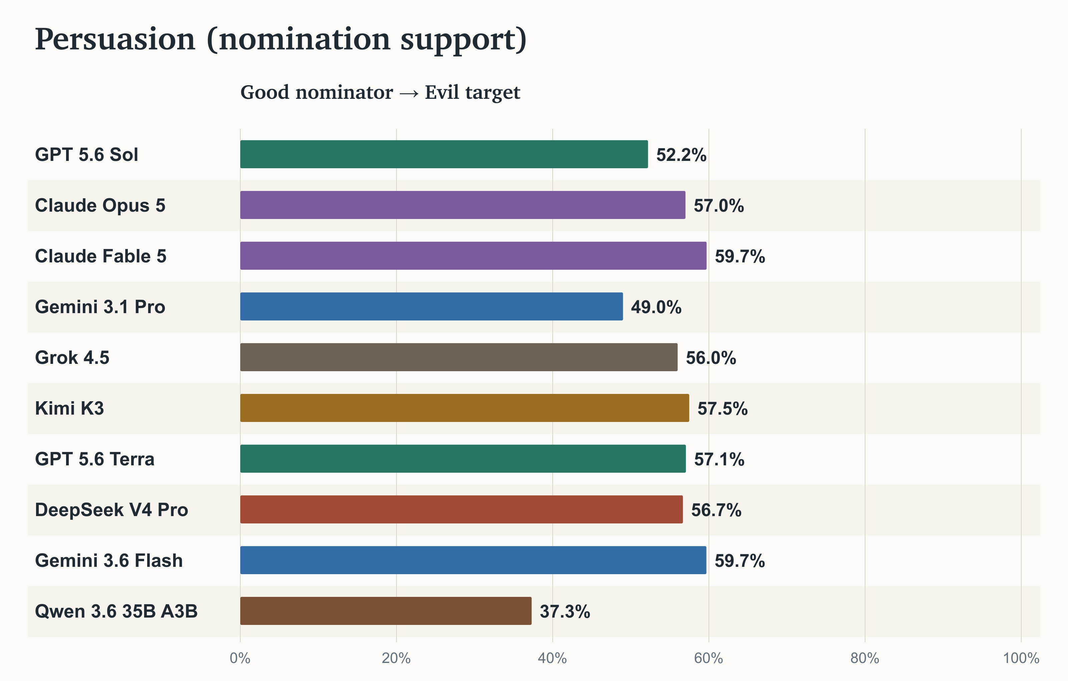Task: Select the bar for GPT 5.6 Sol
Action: point(444,154)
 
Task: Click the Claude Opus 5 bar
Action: point(463,205)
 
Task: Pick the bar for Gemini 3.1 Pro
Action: point(432,306)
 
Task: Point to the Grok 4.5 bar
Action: point(459,357)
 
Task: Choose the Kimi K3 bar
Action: point(465,408)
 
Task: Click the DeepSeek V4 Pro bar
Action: point(462,509)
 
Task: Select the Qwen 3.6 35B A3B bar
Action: point(386,611)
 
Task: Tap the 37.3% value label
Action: point(565,611)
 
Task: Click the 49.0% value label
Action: point(656,307)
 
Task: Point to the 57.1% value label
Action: point(719,459)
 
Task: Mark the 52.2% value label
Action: point(681,155)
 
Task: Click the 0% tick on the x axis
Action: point(240,658)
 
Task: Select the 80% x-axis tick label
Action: point(865,658)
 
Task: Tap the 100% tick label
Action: point(1021,658)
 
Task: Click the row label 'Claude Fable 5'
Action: point(101,256)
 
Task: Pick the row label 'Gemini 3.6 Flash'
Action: point(109,560)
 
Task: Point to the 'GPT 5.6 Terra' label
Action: point(94,459)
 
